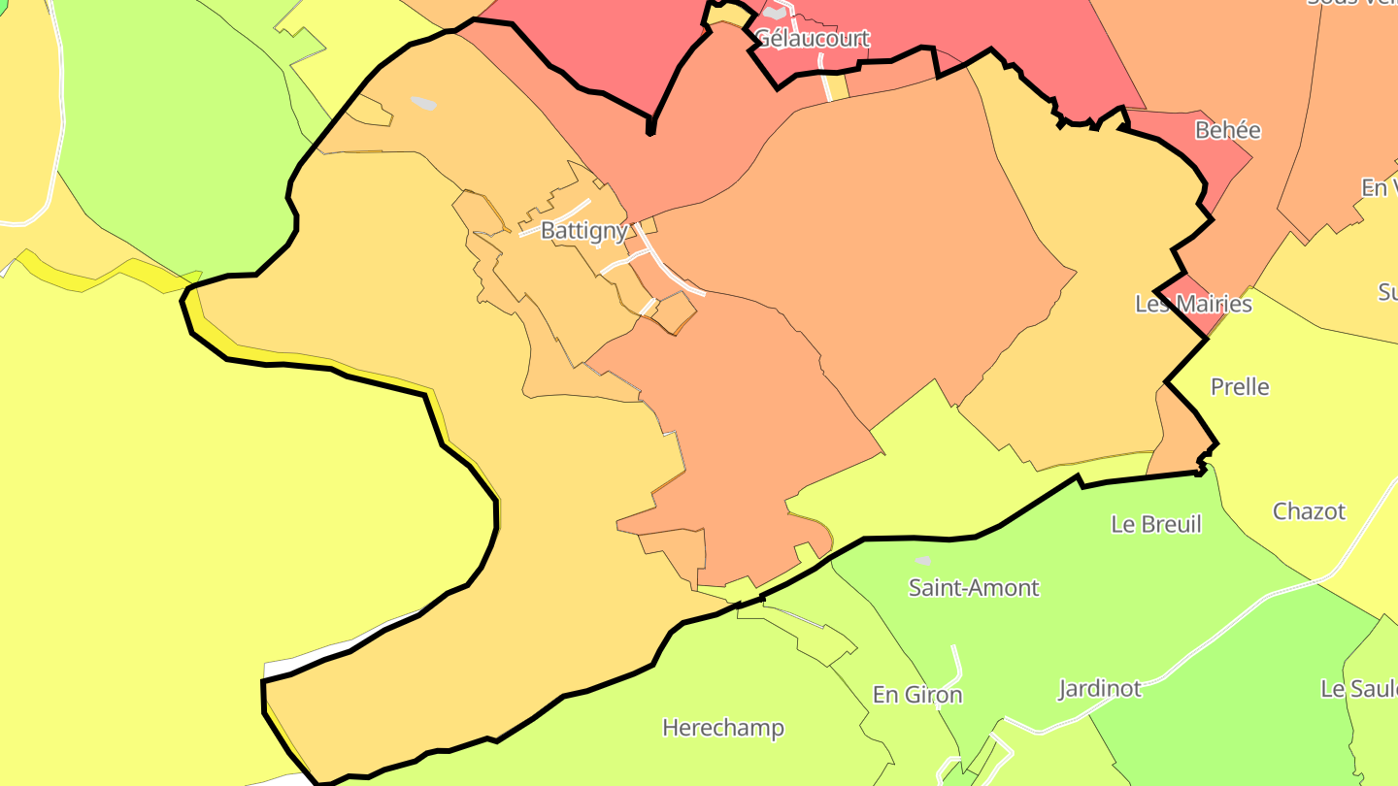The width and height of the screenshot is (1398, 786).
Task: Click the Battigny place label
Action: pyautogui.click(x=583, y=232)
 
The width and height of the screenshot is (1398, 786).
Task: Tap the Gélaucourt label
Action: pyautogui.click(x=812, y=39)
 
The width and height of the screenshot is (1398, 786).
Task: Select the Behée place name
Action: pyautogui.click(x=1227, y=130)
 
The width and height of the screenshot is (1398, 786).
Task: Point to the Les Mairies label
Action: pyautogui.click(x=1193, y=304)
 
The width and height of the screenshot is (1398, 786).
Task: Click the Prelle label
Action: pyautogui.click(x=1240, y=387)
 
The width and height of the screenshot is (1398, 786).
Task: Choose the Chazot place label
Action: pyautogui.click(x=1309, y=511)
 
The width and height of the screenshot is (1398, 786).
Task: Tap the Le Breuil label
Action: pyautogui.click(x=1155, y=524)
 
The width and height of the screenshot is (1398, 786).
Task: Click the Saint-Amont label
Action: pyautogui.click(x=973, y=587)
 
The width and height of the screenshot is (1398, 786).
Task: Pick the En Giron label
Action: pyautogui.click(x=917, y=695)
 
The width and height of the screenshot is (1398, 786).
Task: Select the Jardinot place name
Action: pyautogui.click(x=1099, y=689)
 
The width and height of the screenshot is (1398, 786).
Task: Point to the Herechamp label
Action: pyautogui.click(x=722, y=728)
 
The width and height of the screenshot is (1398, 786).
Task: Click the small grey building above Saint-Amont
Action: pyautogui.click(x=923, y=561)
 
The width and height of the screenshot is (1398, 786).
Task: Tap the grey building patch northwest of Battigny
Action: pyautogui.click(x=423, y=103)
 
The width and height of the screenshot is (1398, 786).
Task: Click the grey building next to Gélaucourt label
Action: pyautogui.click(x=774, y=14)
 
